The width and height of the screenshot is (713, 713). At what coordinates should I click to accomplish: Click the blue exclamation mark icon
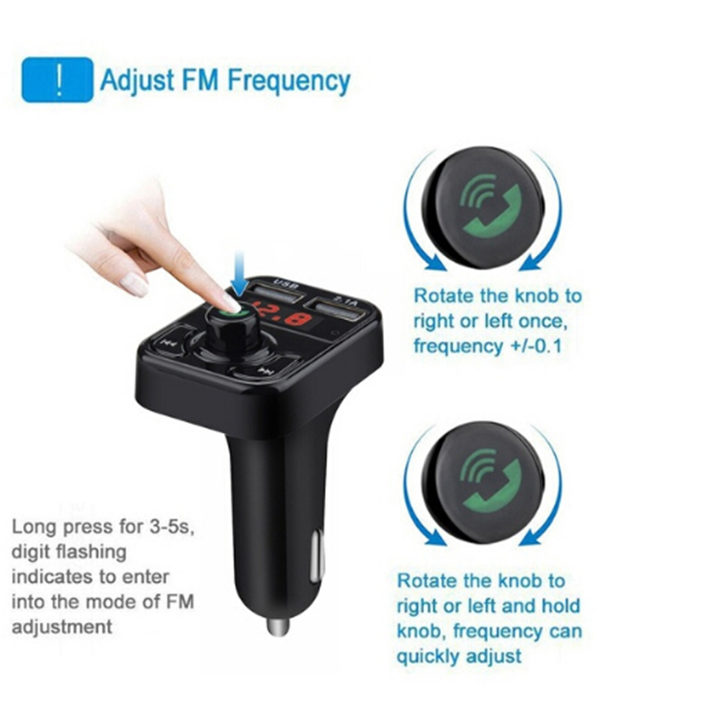58,79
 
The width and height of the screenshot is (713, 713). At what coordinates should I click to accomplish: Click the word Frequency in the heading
289,81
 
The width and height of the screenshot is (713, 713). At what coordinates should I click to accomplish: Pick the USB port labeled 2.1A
339,310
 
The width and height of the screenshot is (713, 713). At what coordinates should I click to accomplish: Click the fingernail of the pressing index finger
231,302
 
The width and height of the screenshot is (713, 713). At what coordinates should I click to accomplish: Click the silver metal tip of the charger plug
278,628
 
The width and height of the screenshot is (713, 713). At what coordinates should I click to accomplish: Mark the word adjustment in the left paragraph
62,628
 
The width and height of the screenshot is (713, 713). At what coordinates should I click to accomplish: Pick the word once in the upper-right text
543,322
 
